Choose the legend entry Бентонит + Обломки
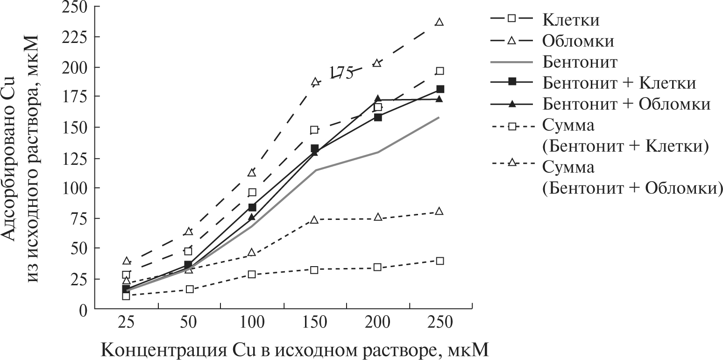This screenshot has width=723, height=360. tap(626, 104)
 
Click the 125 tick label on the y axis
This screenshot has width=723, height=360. tap(76, 158)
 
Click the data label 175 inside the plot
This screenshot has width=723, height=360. tap(341, 73)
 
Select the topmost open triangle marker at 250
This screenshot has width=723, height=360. tap(439, 22)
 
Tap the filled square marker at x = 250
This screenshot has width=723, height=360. tap(439, 89)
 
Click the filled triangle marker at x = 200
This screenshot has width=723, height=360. tap(377, 99)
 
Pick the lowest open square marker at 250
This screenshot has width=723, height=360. tap(439, 261)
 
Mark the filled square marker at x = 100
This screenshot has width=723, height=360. tap(252, 207)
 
